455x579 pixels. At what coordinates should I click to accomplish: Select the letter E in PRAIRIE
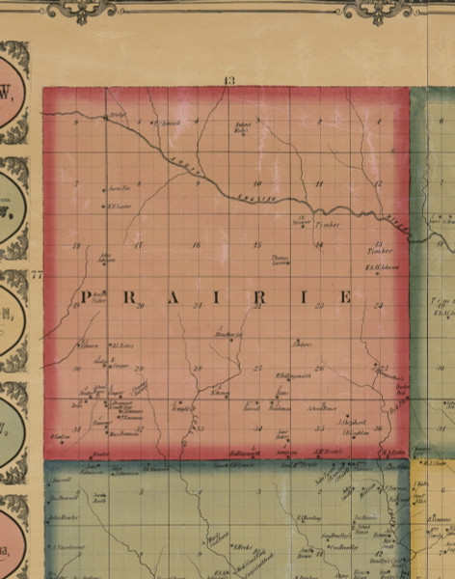point(345,298)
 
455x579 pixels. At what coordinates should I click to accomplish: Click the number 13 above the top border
point(228,79)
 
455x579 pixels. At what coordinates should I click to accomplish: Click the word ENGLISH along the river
point(255,198)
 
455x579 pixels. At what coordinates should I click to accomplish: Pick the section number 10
point(256,182)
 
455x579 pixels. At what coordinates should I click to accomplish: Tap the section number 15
point(256,244)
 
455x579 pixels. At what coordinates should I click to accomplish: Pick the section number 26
point(318,368)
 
